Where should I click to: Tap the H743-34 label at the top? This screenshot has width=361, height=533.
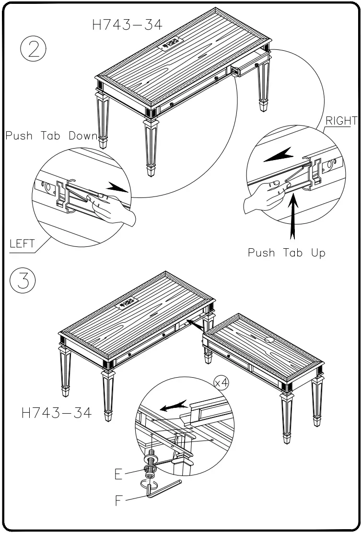pos(127,25)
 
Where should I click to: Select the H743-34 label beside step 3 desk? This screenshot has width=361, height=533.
pos(56,413)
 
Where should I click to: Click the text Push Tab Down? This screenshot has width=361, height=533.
pos(51,136)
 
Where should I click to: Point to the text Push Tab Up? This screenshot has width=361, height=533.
pos(286,253)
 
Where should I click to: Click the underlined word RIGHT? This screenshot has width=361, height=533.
pos(341,120)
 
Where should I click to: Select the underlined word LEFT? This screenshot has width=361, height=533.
pos(23,243)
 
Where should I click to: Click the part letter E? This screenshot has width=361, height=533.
pos(118,474)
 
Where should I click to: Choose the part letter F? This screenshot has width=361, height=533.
pos(119,502)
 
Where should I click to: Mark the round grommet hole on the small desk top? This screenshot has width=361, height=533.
pos(268,339)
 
